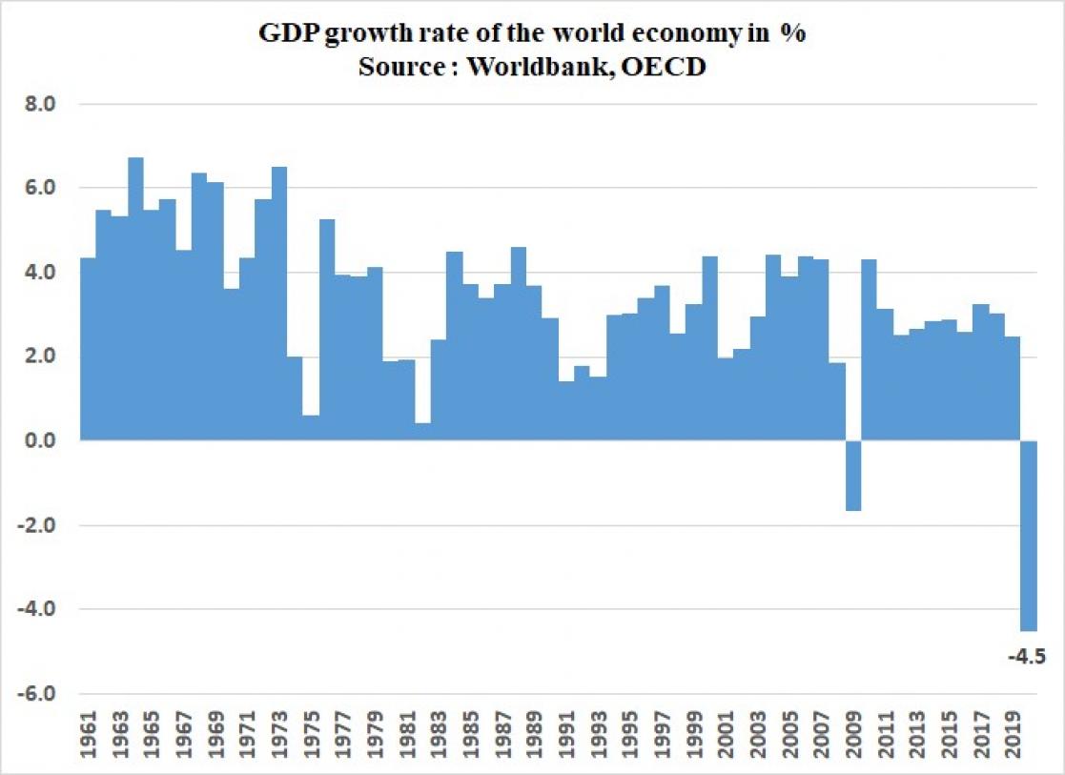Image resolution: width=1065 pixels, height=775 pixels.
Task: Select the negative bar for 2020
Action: coord(1029,534)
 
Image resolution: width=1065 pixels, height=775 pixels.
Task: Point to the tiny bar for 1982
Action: coord(423,431)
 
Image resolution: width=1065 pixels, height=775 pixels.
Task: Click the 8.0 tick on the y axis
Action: coord(41,103)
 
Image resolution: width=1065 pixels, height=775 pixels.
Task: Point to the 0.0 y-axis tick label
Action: coord(41,440)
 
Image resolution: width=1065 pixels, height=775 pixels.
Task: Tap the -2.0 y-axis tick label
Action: coord(38,525)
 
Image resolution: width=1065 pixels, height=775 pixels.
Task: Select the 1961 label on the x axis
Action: coord(89,735)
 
